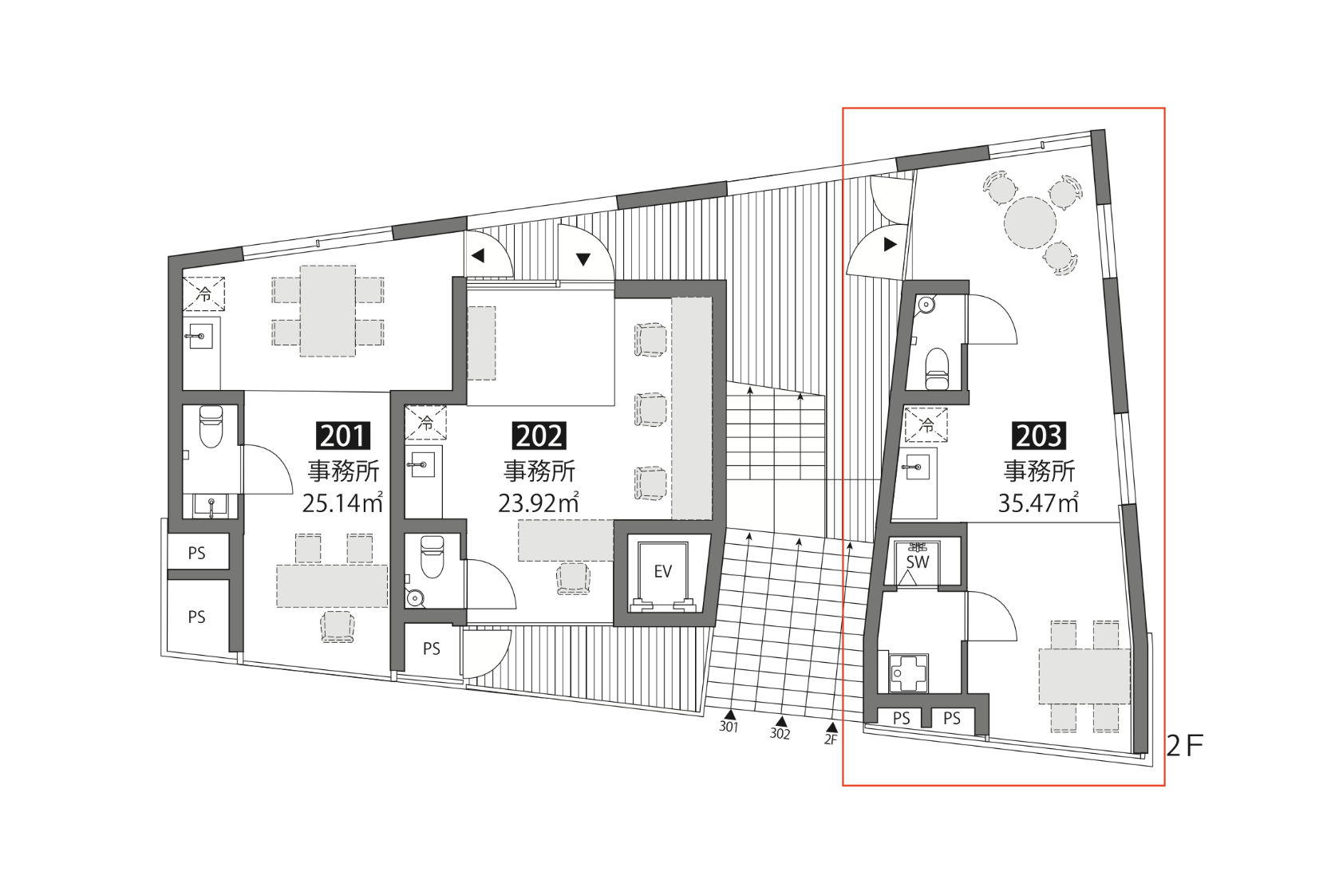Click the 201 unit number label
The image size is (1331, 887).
pyautogui.click(x=343, y=436)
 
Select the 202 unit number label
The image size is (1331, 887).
pyautogui.click(x=539, y=436)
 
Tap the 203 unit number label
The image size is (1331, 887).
pyautogui.click(x=1038, y=436)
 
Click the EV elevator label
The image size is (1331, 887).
pyautogui.click(x=662, y=572)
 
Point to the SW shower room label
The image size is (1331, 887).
pyautogui.click(x=918, y=562)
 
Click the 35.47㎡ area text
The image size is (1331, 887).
pyautogui.click(x=1038, y=503)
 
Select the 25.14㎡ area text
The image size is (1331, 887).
pyautogui.click(x=342, y=503)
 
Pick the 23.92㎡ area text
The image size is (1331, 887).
pyautogui.click(x=539, y=503)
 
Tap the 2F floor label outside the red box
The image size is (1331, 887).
pyautogui.click(x=1184, y=747)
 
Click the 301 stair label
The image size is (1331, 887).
pyautogui.click(x=729, y=727)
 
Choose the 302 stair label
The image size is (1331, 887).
pyautogui.click(x=780, y=734)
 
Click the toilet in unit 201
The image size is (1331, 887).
pyautogui.click(x=211, y=427)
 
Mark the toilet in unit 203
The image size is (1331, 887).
pyautogui.click(x=937, y=369)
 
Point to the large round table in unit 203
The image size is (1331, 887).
pyautogui.click(x=1029, y=223)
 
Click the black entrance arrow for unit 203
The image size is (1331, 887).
pyautogui.click(x=890, y=244)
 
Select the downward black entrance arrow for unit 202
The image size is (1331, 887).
pyautogui.click(x=583, y=259)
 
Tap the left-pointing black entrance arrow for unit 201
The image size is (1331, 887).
pyautogui.click(x=478, y=256)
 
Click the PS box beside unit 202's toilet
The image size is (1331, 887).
pyautogui.click(x=432, y=648)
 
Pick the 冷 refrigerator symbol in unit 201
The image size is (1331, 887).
pyautogui.click(x=203, y=294)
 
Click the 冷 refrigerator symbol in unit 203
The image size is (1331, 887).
pyautogui.click(x=926, y=425)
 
